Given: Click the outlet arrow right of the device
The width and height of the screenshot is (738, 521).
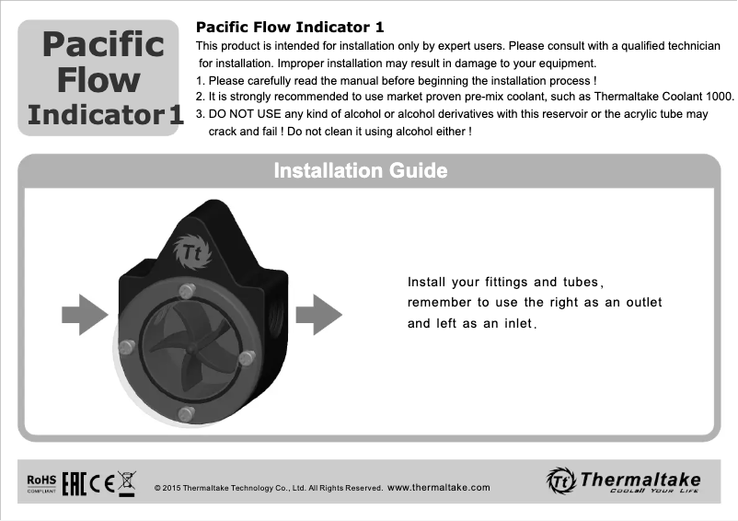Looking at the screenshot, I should point(319,315).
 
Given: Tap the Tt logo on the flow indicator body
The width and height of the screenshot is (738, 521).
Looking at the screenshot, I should point(191,251).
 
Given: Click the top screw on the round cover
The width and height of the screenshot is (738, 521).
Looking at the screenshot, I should point(188,291).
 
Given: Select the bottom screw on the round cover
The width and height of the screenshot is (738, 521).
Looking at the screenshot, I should point(185,414).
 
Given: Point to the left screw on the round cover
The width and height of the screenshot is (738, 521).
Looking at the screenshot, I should point(127,346).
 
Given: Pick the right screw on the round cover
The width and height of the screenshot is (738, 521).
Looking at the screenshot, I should point(246,356).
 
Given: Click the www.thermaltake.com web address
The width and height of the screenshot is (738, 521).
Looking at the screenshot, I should point(439,487).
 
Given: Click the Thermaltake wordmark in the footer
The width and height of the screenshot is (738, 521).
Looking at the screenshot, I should point(640,480).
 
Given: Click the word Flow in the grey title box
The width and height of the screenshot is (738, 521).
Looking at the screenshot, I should point(98,80).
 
